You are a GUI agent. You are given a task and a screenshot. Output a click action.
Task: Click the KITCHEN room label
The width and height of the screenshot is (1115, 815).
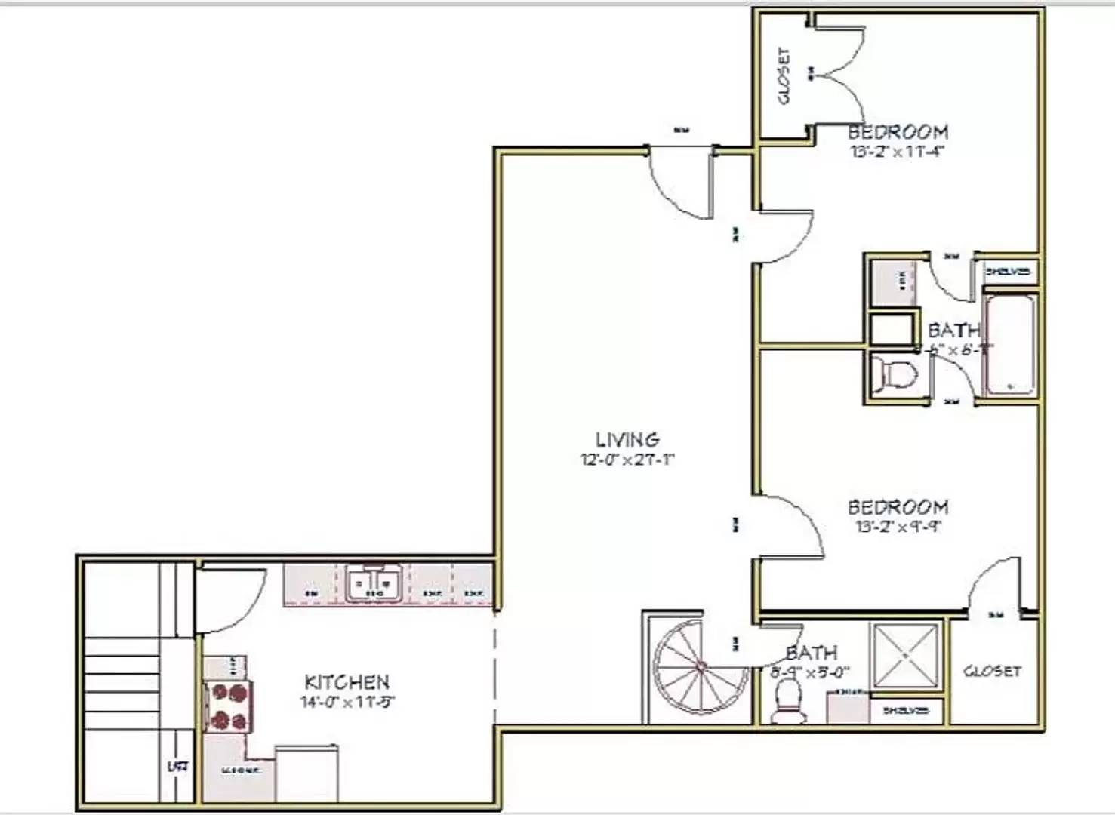[347, 682]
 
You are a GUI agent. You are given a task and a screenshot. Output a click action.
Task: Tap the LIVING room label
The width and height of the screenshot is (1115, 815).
[627, 439]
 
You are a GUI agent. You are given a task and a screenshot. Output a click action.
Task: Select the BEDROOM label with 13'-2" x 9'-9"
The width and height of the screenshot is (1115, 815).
[898, 507]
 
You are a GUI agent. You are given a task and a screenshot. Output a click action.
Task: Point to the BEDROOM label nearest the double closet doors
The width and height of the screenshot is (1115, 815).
[898, 132]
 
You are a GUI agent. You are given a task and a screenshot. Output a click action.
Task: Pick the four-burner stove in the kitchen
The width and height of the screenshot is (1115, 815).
[228, 706]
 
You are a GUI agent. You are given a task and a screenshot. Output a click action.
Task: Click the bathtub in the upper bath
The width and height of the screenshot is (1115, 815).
[1009, 343]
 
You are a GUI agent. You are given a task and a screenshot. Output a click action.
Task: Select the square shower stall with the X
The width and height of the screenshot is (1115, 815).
[905, 656]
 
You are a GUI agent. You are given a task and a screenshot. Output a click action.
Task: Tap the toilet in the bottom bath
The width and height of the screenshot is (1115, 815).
[787, 701]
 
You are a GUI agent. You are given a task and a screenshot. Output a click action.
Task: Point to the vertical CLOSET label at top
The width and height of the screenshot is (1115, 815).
[784, 76]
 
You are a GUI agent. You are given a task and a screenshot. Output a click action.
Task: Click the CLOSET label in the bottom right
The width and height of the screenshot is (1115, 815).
[992, 671]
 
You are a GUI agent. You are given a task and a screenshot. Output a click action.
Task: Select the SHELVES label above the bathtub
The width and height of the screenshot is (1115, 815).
[1008, 272]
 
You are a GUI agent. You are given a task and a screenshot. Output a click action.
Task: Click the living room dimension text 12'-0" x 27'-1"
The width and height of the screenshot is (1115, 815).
[627, 460]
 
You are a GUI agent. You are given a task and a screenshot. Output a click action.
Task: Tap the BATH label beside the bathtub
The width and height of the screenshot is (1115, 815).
[953, 331]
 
